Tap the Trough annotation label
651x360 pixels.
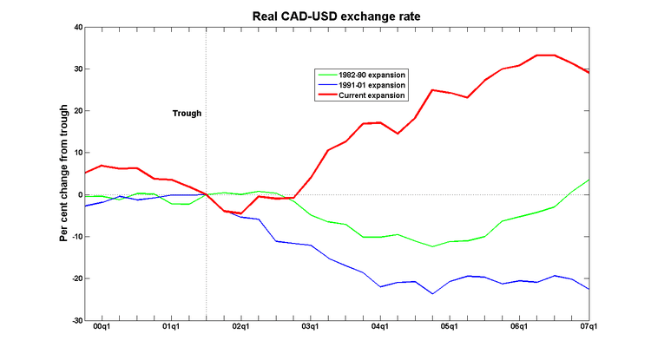point(187,114)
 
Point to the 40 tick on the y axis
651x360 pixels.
point(76,27)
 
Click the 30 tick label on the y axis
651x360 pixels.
point(76,69)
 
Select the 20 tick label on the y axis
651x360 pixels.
point(76,111)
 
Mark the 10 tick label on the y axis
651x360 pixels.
point(76,153)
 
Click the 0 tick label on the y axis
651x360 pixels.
point(79,195)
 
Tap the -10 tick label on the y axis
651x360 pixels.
point(75,237)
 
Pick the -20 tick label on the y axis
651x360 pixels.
point(75,278)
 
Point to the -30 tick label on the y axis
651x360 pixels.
point(75,320)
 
